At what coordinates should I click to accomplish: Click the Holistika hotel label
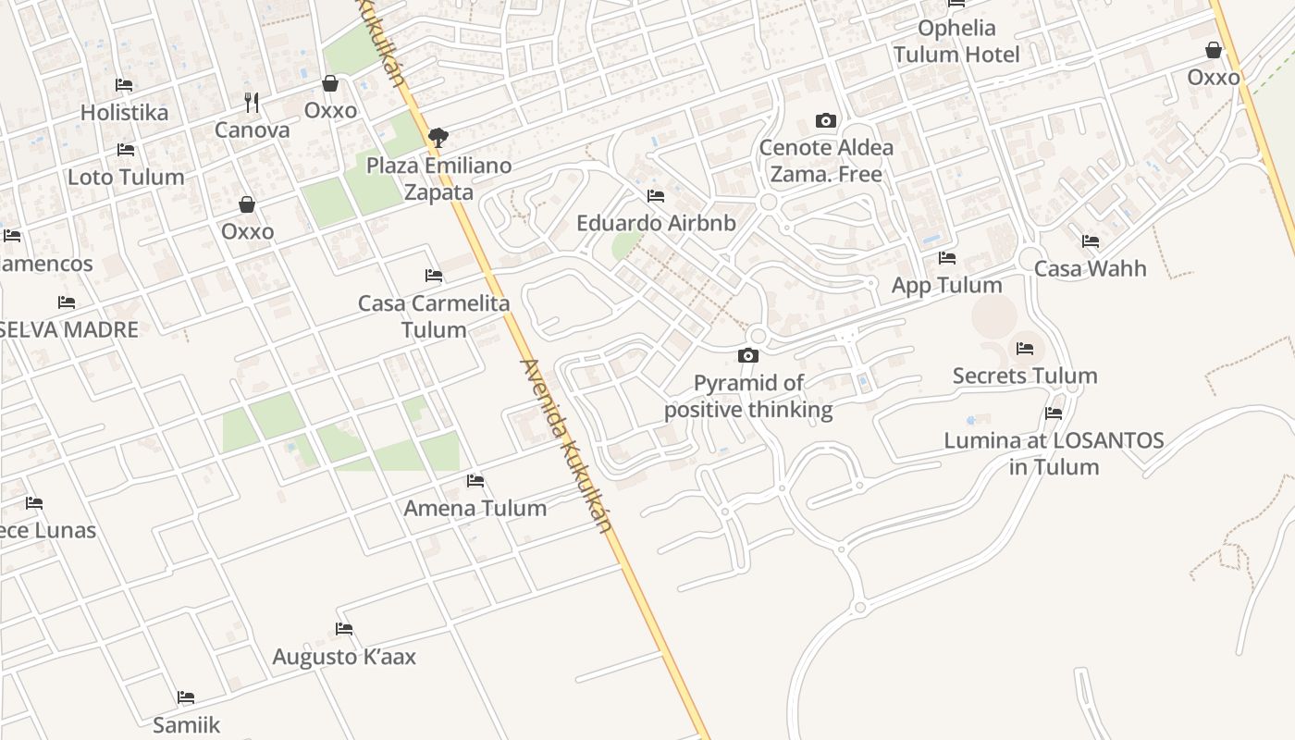click(x=124, y=113)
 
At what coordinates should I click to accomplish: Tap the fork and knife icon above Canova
click(x=252, y=101)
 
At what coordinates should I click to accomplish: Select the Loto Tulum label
click(x=126, y=177)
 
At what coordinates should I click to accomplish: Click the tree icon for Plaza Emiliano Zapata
click(x=438, y=138)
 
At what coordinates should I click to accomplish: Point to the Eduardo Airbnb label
click(x=656, y=223)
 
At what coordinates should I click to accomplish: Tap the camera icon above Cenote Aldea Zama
click(x=826, y=120)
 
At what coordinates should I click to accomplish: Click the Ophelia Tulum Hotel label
click(x=956, y=42)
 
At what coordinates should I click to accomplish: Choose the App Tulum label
click(x=946, y=285)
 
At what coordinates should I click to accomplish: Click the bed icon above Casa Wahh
click(x=1091, y=241)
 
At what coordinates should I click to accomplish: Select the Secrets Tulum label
click(x=1025, y=376)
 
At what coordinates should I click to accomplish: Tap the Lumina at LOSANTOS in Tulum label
click(x=1054, y=453)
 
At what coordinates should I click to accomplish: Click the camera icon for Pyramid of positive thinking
click(x=748, y=355)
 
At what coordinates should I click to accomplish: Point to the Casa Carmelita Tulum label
click(x=434, y=316)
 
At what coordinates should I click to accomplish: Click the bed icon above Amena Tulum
click(x=475, y=480)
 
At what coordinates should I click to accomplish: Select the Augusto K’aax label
click(x=344, y=657)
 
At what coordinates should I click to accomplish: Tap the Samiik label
click(x=187, y=724)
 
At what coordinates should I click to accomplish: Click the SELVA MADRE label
click(x=68, y=329)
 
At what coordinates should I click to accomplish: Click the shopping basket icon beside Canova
click(x=330, y=83)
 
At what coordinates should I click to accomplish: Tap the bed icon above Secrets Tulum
click(x=1025, y=348)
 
